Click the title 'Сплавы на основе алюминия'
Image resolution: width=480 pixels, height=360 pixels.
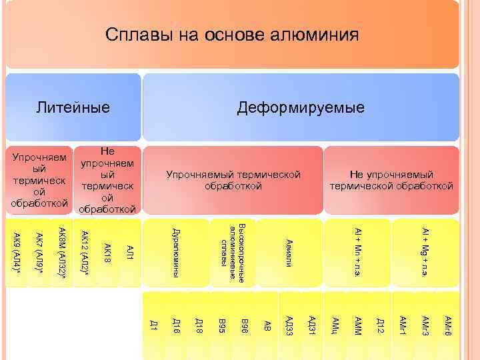pos(232,35)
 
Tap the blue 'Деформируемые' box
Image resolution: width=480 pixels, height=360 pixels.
pos(301,107)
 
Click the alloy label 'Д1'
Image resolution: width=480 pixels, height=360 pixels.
pos(153,325)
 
